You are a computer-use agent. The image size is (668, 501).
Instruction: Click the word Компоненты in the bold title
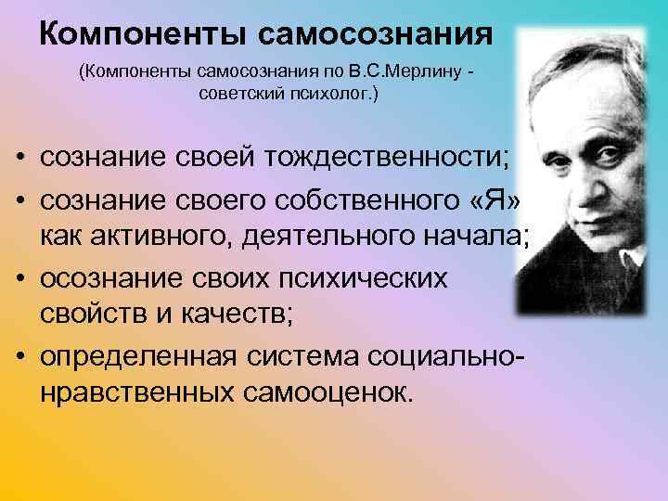coord(145,34)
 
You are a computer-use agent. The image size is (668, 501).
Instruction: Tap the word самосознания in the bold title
coord(375,34)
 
